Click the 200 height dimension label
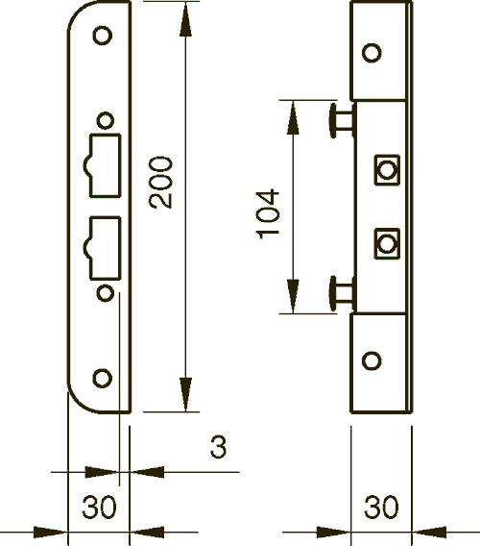click(164, 182)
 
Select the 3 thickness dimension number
click(218, 448)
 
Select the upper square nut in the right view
click(387, 170)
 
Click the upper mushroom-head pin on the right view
click(336, 120)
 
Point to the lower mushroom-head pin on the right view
click(336, 288)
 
